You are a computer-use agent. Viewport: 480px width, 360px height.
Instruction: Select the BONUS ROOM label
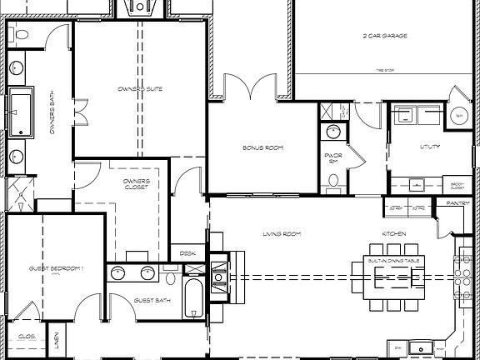click(264, 147)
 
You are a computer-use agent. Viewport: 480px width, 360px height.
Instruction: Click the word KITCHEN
click(394, 234)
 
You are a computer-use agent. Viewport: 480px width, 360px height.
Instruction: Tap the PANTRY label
click(458, 202)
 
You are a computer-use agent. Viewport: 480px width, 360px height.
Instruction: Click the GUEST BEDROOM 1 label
click(56, 268)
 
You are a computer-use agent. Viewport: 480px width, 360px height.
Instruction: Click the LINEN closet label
click(55, 341)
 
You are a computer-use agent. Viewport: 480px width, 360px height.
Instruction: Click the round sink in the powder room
click(332, 131)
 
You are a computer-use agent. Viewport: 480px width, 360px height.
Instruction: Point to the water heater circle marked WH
click(457, 117)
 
